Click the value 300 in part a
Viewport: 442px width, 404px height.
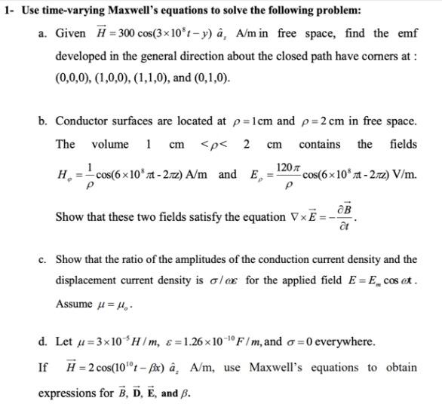tap(109, 34)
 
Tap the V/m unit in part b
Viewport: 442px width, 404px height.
tap(402, 175)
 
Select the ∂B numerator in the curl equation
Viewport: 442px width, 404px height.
tap(347, 209)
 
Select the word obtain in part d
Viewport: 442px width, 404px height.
tap(400, 368)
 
